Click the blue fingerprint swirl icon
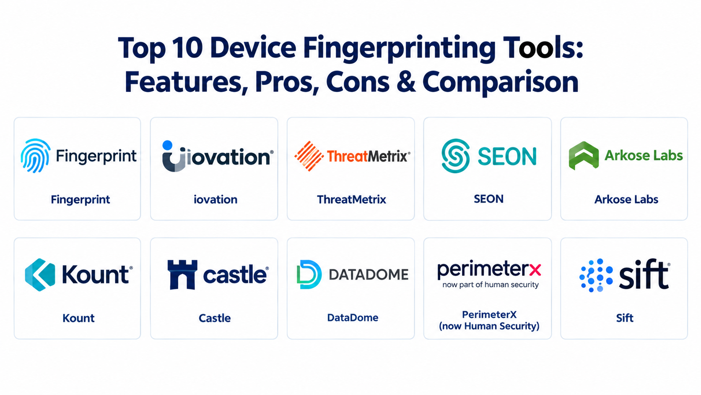[x=35, y=156]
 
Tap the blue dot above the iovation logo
[x=167, y=145]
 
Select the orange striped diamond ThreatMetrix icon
[x=309, y=156]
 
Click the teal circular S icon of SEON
[x=455, y=156]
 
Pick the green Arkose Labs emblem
[x=584, y=156]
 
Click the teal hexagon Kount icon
[x=40, y=275]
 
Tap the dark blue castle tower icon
[x=182, y=275]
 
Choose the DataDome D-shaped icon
[x=309, y=275]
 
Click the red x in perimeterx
[x=535, y=270]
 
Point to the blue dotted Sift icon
[x=596, y=275]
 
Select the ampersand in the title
[x=406, y=82]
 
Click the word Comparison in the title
[x=501, y=83]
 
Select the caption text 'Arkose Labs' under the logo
[x=626, y=199]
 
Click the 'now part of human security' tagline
[x=491, y=285]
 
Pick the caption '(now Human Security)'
[x=489, y=326]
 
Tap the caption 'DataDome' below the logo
[x=353, y=318]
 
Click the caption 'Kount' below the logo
[x=78, y=318]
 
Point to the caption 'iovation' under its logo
[x=215, y=199]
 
